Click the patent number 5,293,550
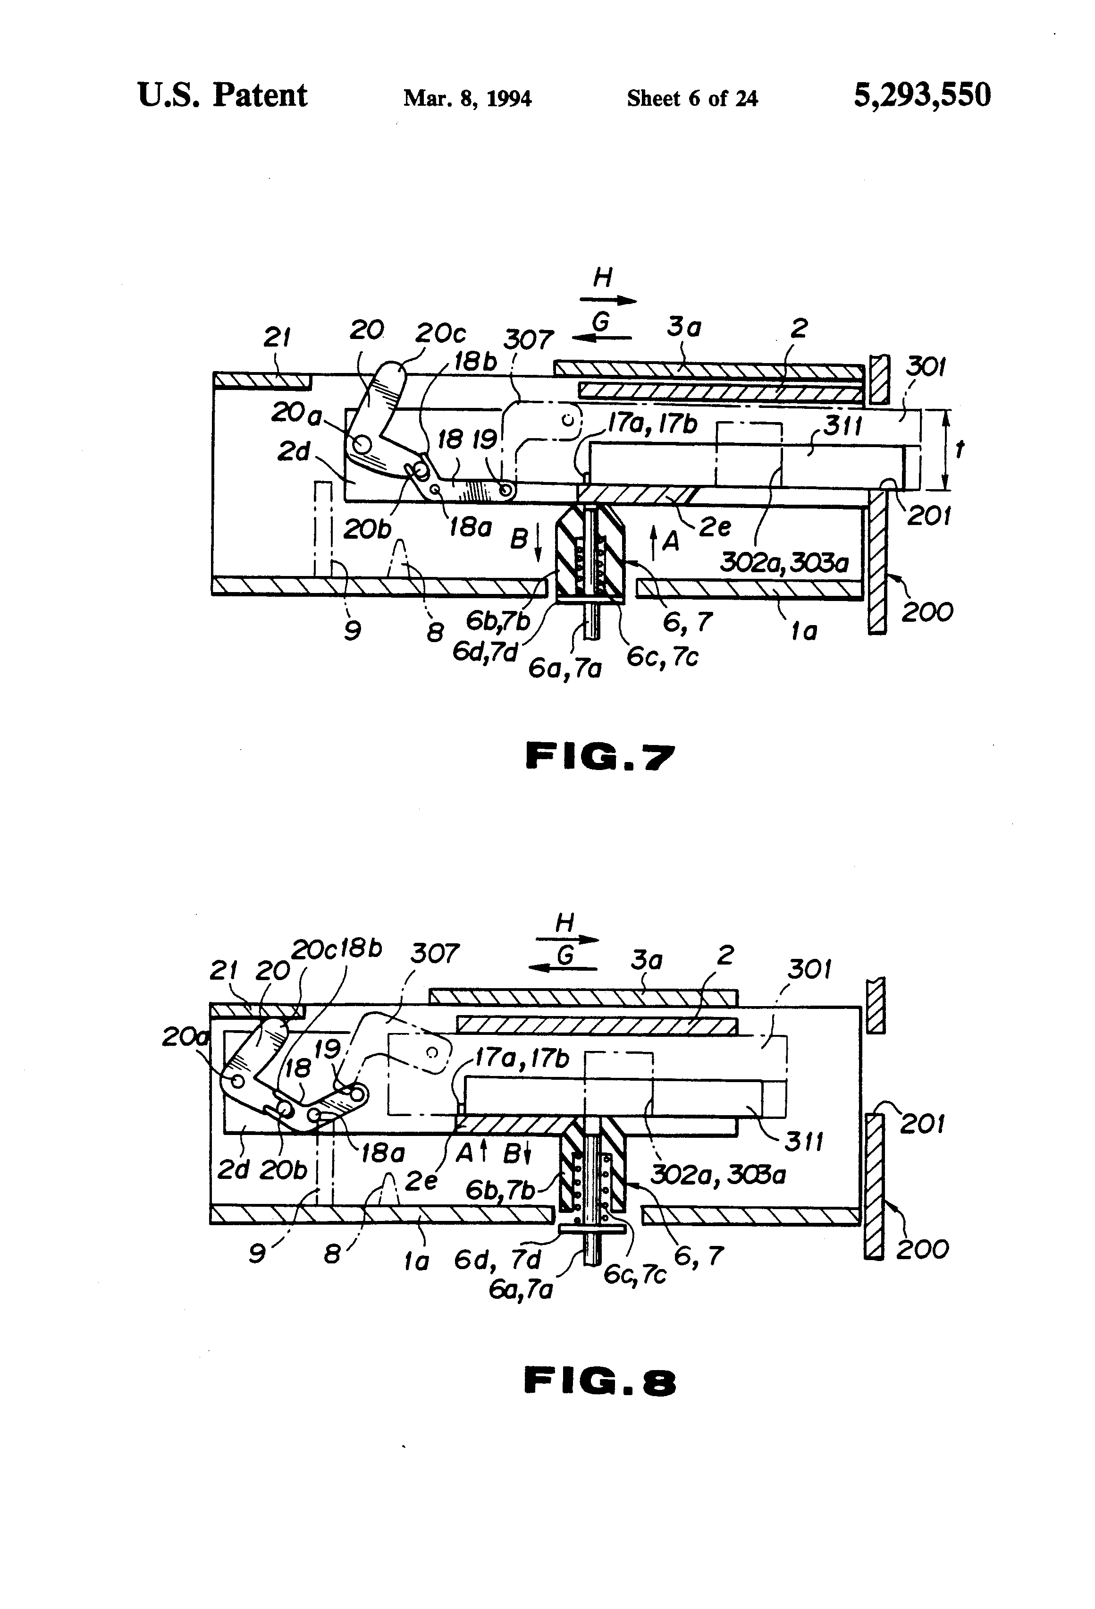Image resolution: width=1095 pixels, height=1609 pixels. (x=921, y=95)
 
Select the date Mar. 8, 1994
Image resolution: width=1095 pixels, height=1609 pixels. (x=467, y=98)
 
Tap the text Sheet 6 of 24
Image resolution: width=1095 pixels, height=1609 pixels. (x=691, y=98)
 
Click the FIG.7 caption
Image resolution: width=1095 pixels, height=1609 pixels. (x=599, y=756)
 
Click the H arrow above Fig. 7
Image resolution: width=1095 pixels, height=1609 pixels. (x=608, y=300)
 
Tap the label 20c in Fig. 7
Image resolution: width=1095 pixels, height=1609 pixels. (x=440, y=334)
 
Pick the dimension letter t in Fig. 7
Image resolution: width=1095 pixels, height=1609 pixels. (x=960, y=450)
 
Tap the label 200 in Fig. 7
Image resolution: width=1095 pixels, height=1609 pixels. (x=927, y=612)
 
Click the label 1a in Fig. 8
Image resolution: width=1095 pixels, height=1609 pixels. (x=416, y=1262)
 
